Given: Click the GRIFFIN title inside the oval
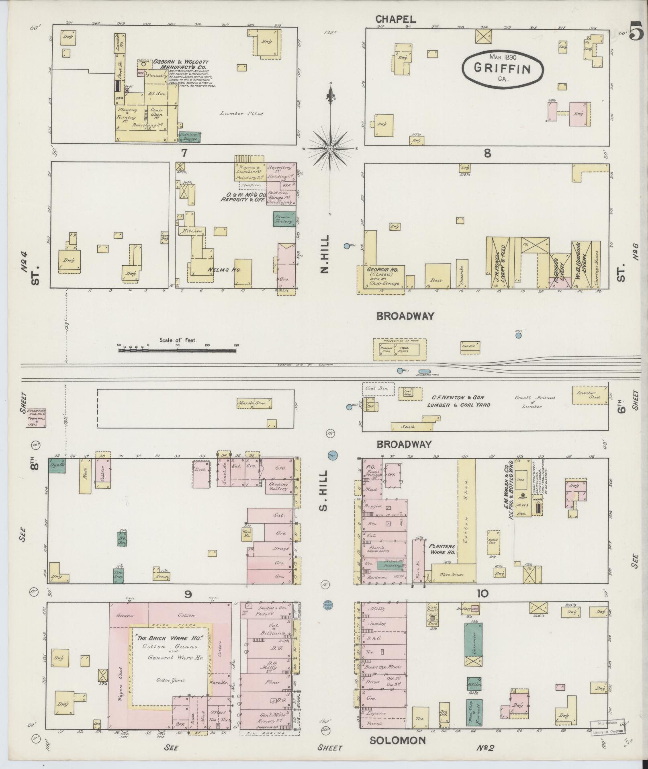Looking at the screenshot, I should point(502,68).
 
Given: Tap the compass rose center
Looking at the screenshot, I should point(330,149).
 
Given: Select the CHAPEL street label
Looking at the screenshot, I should point(395,19).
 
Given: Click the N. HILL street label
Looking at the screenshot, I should point(325,254).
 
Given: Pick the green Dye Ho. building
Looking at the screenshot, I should point(57,465).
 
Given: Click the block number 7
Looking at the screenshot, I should point(184,153).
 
